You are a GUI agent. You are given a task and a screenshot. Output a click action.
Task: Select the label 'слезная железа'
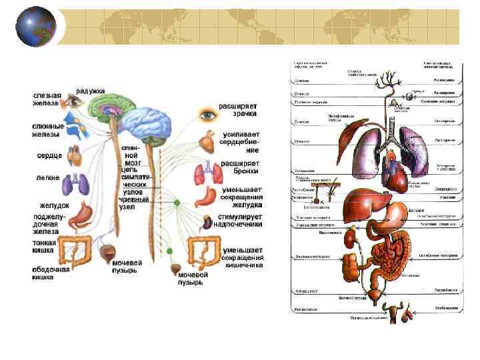47,99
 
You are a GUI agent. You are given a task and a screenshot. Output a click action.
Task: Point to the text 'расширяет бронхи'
240,167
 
